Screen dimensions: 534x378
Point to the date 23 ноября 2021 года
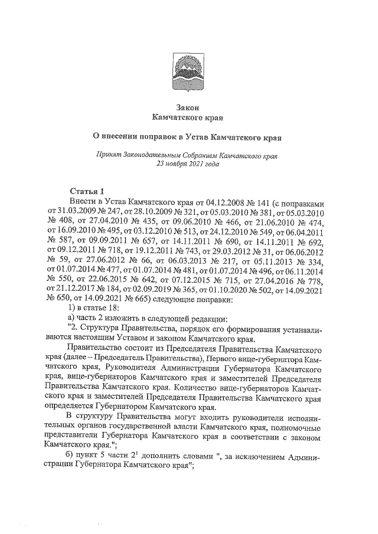click(x=187, y=165)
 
